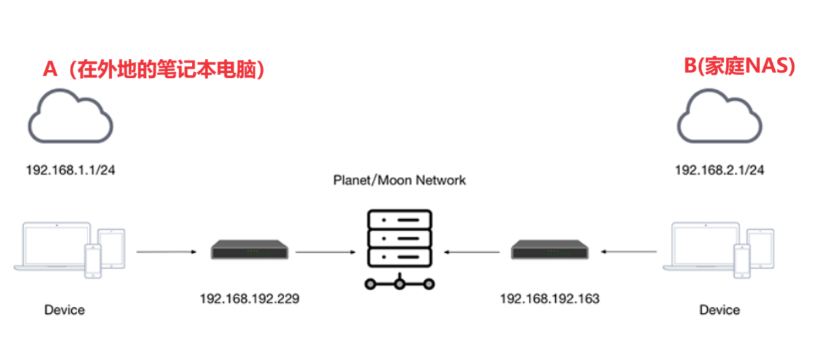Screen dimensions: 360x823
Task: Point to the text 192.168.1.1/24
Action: pos(71,170)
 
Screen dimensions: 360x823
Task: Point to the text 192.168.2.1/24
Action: pos(720,170)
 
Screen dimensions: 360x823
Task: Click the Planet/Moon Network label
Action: pos(399,180)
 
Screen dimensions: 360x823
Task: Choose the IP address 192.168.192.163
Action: pos(550,298)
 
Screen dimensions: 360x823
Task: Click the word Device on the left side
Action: pos(65,310)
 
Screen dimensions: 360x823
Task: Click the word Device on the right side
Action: pos(720,310)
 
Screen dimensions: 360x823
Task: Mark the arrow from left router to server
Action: pos(325,252)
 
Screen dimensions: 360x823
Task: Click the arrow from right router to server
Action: pos(475,252)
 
